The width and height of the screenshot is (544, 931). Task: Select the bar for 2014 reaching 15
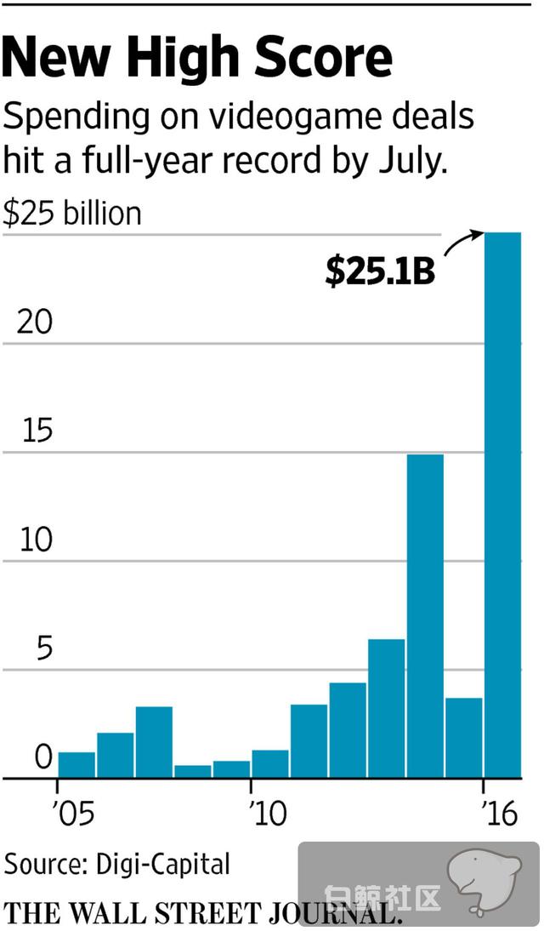pos(424,616)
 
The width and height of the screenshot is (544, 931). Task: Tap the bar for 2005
pos(76,764)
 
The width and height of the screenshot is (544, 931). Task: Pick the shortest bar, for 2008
pos(193,771)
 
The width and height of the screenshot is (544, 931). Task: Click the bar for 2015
pos(463,737)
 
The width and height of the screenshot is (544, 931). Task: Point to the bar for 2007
pos(154,742)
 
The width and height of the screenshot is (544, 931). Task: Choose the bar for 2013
pos(386,708)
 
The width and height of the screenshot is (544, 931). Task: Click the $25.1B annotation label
pos(380,271)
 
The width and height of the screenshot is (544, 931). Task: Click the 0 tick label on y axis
pos(42,757)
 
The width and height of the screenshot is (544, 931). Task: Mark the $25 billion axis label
pos(72,213)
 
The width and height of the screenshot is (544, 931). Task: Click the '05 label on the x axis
pos(74,814)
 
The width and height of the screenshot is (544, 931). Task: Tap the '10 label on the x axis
pos(269,814)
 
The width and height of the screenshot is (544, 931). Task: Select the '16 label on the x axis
pos(499,814)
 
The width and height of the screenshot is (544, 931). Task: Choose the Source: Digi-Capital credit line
pos(117,865)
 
